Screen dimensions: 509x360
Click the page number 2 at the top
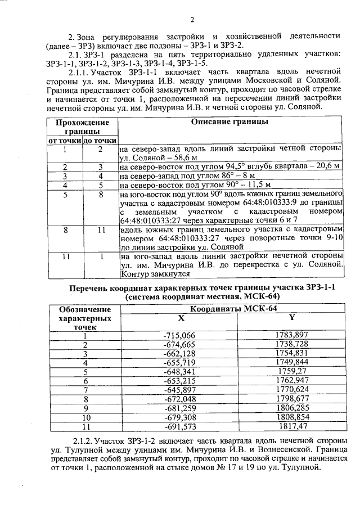192,20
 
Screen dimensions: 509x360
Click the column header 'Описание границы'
229,121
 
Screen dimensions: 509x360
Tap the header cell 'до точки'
100,141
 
